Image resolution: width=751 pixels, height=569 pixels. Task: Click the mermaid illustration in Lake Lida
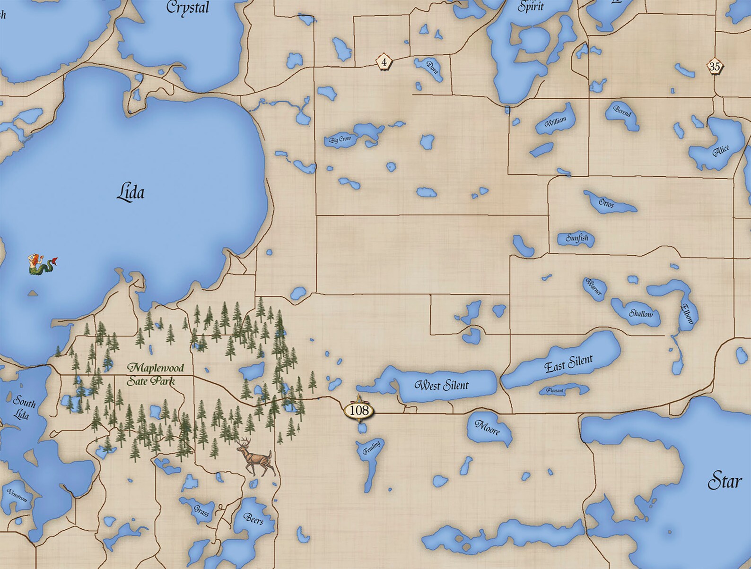[42, 265]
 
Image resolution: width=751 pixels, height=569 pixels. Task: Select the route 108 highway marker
[359, 410]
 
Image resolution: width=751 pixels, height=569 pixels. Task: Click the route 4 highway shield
[384, 61]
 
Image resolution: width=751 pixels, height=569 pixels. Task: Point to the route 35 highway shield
[714, 67]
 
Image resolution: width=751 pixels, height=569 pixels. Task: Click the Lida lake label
[131, 193]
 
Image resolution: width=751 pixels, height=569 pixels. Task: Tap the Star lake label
[725, 482]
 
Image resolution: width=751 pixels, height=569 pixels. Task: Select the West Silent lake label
[441, 385]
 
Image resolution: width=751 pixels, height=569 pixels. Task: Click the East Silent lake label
[568, 363]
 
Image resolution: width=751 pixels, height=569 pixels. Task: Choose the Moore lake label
[487, 428]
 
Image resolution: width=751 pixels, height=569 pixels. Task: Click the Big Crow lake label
[341, 139]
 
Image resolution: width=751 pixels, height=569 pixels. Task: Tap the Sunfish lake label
[577, 238]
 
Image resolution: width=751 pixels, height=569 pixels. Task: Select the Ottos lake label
[606, 203]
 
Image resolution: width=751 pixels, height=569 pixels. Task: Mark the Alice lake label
[721, 151]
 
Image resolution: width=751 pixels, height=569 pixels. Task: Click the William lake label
[555, 122]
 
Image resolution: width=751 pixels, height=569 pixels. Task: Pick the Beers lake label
[253, 518]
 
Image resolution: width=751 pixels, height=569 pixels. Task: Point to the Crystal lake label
[188, 8]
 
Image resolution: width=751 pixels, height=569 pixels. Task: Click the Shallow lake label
[640, 313]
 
